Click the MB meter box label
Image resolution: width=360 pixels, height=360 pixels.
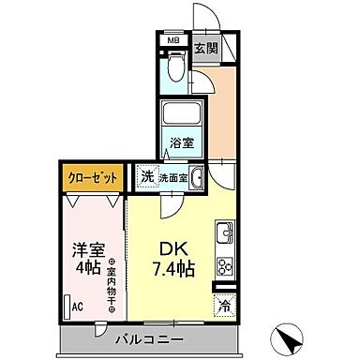click(173, 40)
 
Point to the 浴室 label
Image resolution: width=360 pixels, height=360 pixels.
click(182, 143)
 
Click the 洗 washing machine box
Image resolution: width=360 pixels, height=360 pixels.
click(147, 174)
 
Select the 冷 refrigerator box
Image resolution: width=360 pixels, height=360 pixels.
click(224, 303)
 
